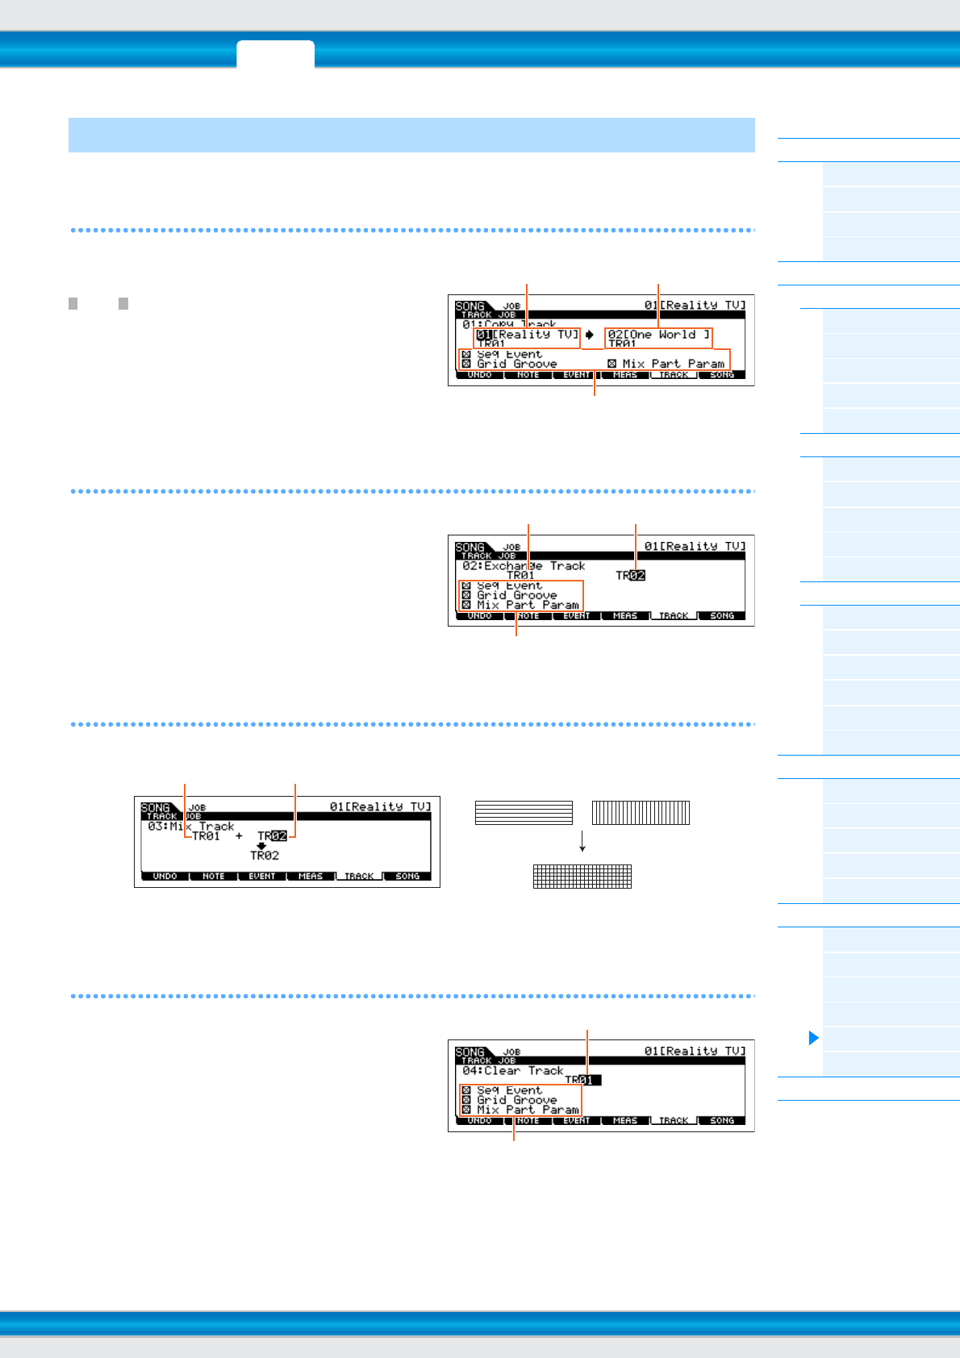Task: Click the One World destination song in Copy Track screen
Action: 659,335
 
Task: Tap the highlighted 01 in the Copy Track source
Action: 484,335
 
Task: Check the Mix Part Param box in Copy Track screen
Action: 612,364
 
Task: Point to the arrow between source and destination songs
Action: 590,335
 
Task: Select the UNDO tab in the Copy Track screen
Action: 479,375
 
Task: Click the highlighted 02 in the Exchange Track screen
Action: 637,575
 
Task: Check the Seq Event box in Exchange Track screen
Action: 466,586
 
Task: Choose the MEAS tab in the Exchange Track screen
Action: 625,616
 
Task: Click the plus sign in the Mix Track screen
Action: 239,836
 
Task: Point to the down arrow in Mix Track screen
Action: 261,846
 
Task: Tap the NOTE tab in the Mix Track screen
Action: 214,877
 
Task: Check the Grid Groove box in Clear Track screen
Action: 466,1100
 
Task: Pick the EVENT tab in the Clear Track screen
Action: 577,1121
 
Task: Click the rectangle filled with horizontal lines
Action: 524,812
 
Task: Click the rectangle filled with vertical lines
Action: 641,812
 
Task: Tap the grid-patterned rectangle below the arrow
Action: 582,877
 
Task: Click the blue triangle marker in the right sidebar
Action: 813,1038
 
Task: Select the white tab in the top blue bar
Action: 275,54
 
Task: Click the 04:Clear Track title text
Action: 513,1071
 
